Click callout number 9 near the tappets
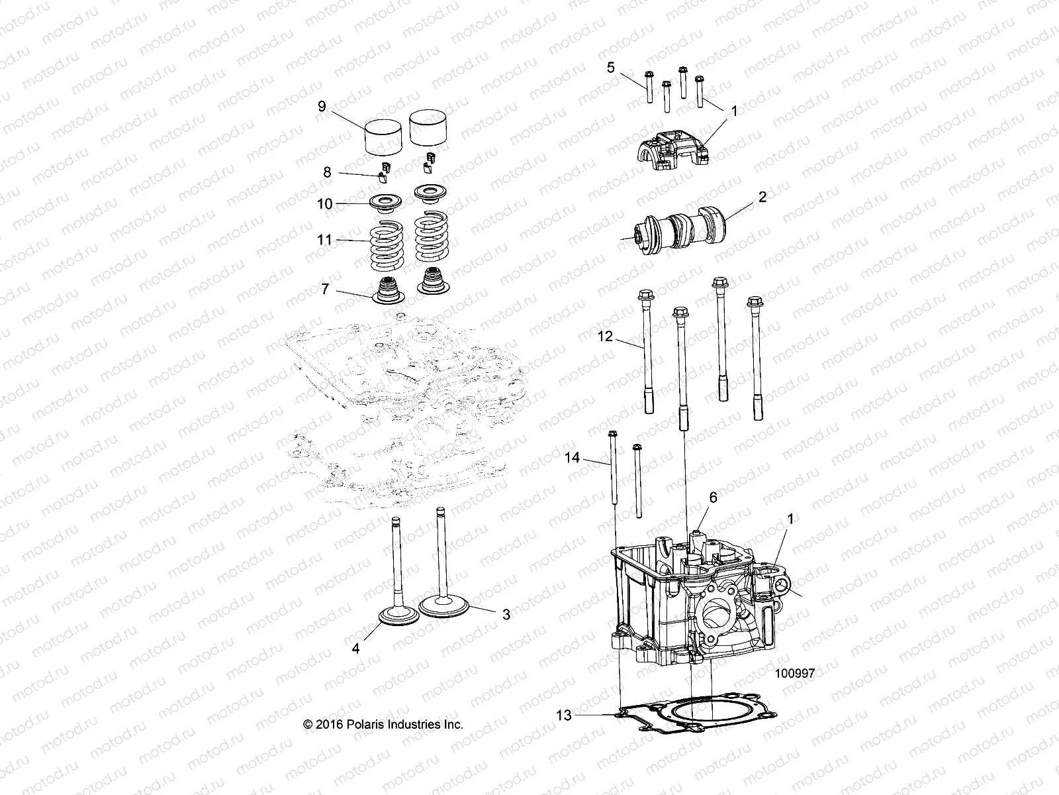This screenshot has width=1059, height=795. coord(322,107)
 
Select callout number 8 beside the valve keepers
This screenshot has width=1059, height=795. coord(327,172)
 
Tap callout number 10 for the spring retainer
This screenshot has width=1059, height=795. coord(324,204)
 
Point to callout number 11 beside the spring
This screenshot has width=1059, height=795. coord(324,240)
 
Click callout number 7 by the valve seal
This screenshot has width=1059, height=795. coord(324,290)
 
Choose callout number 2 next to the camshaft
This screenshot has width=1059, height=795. coord(762,197)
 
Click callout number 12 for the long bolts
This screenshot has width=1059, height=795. coord(606,337)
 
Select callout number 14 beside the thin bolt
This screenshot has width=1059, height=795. coord(573,458)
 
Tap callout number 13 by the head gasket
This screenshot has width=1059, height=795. coord(563,715)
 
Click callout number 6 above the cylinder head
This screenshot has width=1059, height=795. coord(713,497)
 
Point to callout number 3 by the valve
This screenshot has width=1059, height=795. coord(506,615)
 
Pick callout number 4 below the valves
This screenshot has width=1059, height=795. coord(355,649)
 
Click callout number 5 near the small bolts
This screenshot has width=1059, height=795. coord(610,67)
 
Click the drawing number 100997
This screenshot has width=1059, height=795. coord(794,673)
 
